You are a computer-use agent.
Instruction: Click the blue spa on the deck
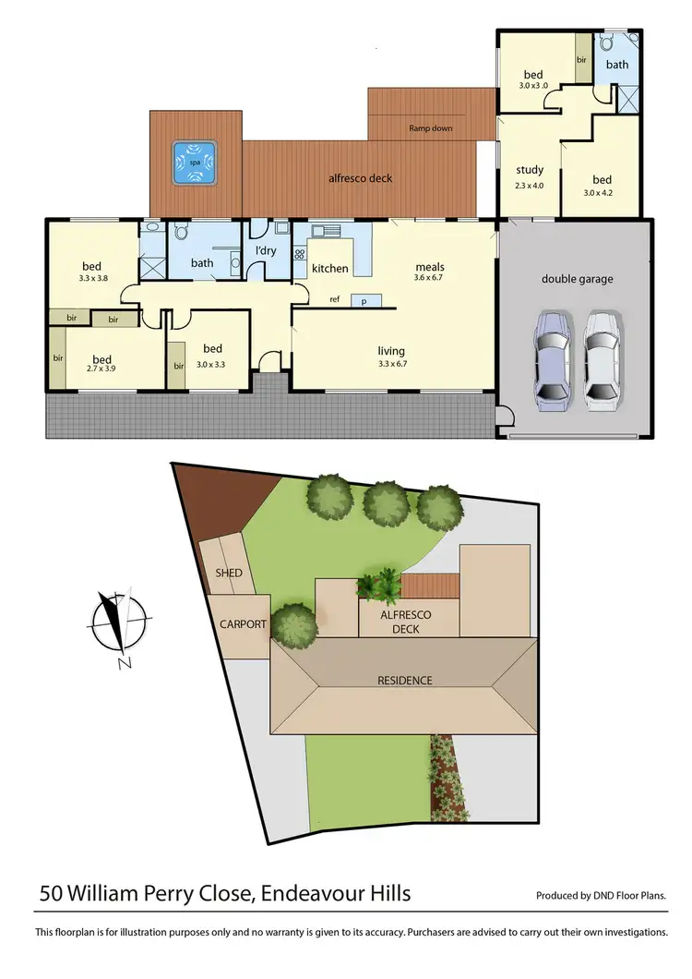click(x=195, y=163)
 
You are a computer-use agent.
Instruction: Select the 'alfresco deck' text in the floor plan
click(x=362, y=177)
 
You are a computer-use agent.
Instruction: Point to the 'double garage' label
click(x=577, y=279)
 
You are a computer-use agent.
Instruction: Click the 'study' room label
click(x=530, y=170)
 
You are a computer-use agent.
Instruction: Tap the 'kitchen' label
click(x=329, y=269)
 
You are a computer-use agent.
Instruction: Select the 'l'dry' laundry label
click(x=266, y=251)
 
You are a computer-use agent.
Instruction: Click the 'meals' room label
click(x=429, y=265)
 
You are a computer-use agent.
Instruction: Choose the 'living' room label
click(x=391, y=351)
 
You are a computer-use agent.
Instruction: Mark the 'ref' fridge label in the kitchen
click(x=334, y=300)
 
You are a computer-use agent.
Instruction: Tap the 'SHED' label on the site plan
click(x=229, y=574)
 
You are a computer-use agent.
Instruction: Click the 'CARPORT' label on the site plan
click(x=243, y=624)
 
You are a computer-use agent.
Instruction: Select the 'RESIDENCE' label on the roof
click(x=404, y=681)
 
